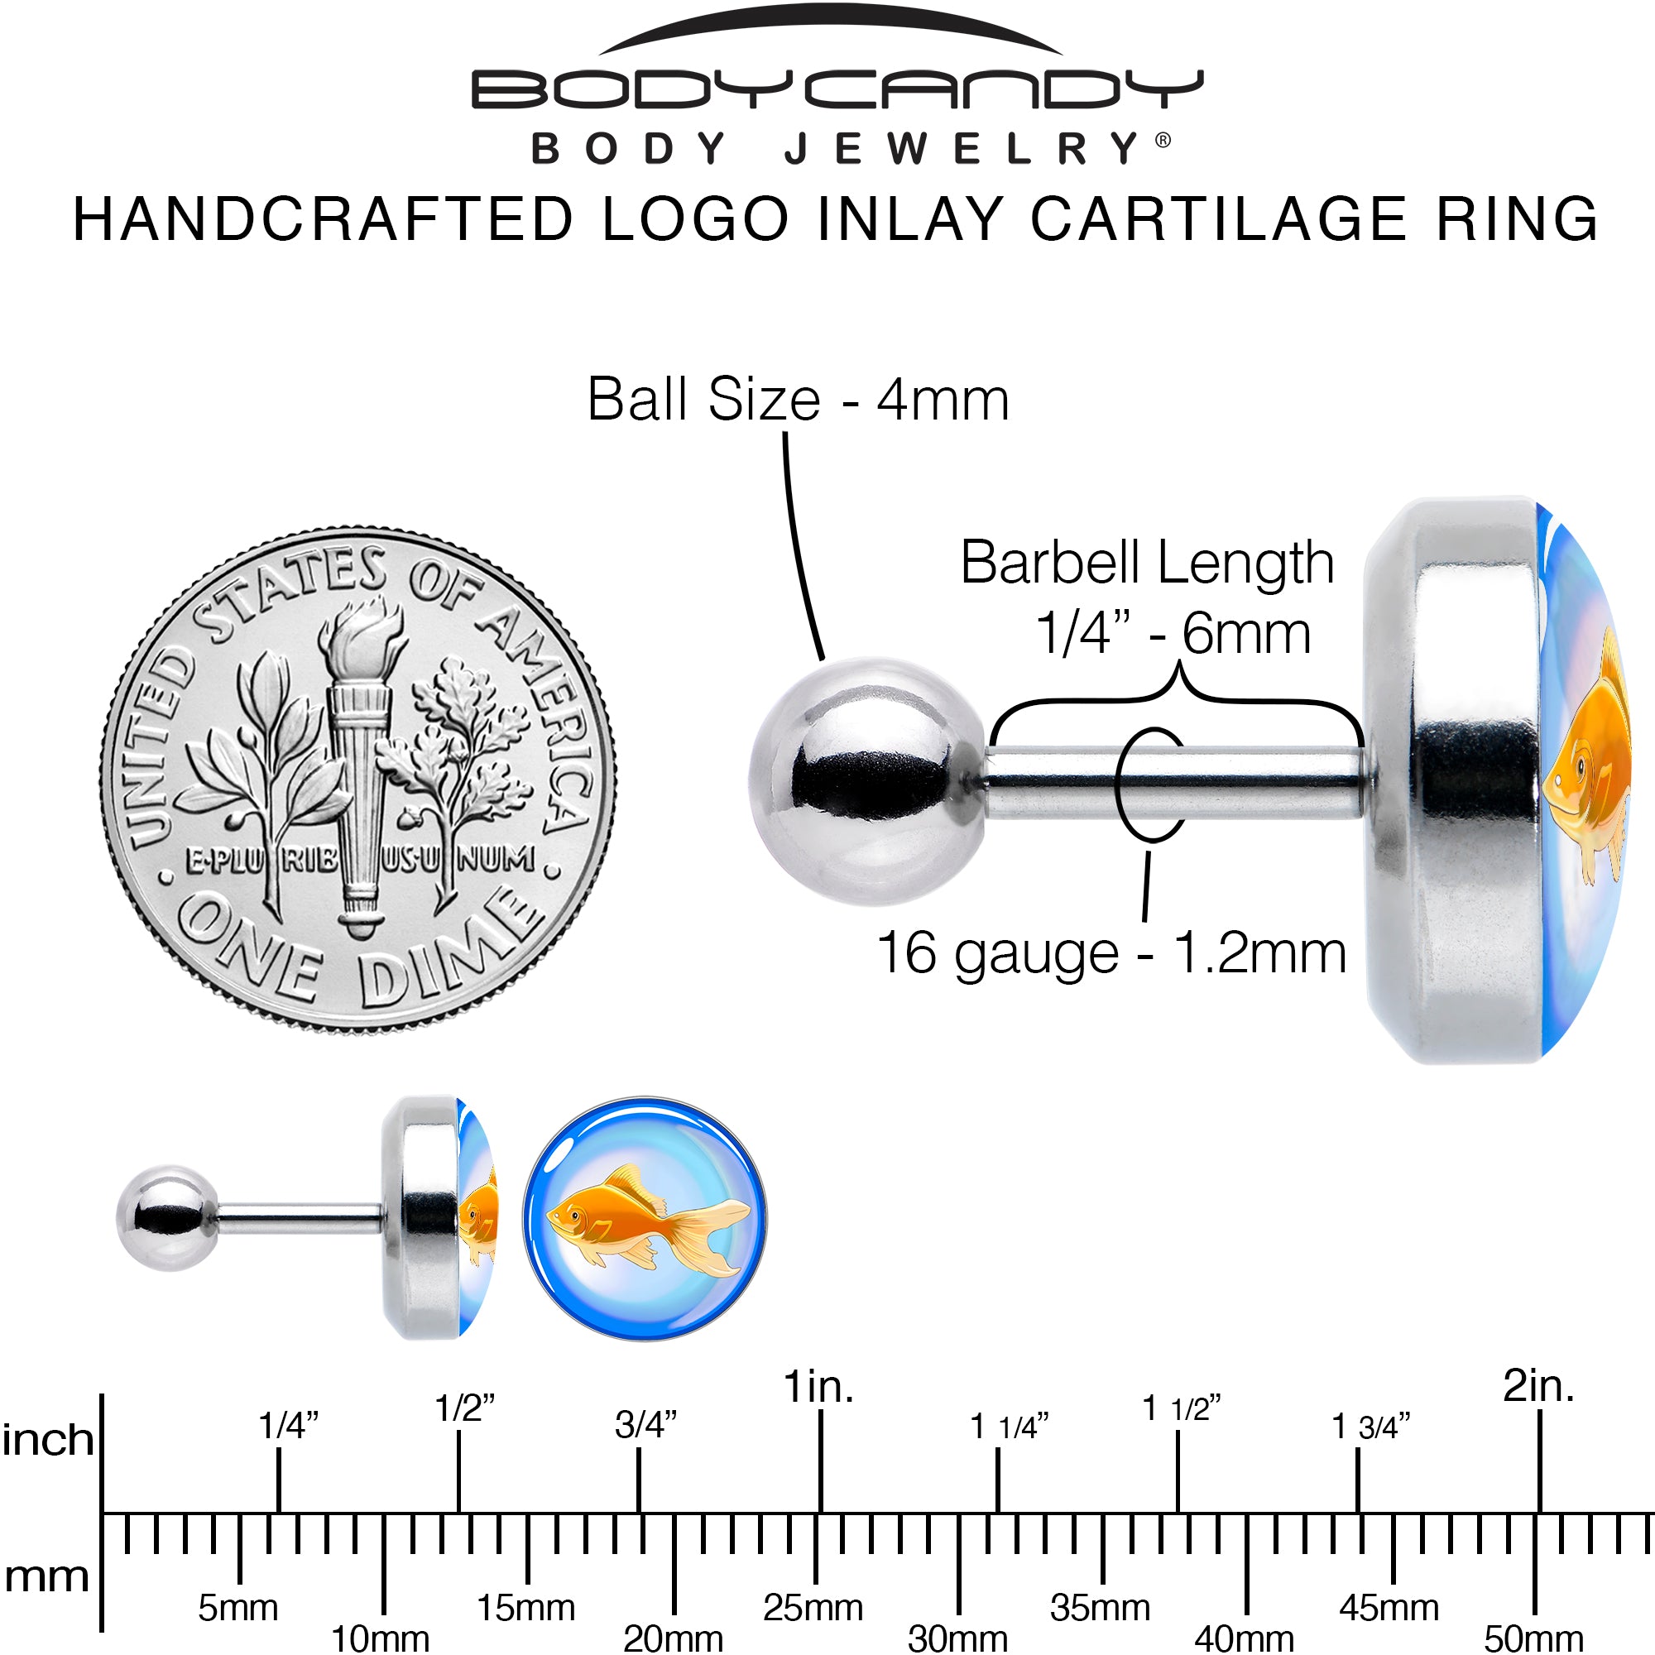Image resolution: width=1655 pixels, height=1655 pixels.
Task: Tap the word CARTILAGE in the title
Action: [x=1219, y=218]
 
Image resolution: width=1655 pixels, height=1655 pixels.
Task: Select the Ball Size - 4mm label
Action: [x=799, y=399]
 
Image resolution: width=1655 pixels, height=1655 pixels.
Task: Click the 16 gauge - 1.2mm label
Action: [x=1112, y=952]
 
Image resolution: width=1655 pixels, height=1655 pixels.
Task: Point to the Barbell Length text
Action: [x=1148, y=563]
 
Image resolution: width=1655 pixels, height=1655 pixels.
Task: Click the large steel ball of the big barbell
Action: [x=868, y=780]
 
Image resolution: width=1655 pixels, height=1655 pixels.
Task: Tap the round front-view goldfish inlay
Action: [x=645, y=1218]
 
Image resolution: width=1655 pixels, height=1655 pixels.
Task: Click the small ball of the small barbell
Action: [x=168, y=1217]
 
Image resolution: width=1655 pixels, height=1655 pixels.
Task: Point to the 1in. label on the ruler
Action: [x=819, y=1387]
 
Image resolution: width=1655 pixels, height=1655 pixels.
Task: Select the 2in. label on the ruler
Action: [x=1538, y=1386]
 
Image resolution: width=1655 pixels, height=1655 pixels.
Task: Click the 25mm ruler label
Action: [x=813, y=1608]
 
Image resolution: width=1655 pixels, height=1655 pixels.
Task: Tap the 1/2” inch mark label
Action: [x=465, y=1408]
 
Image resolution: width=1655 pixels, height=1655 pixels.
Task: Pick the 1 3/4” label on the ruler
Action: [x=1370, y=1427]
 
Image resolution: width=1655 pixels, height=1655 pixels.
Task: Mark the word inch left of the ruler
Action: [x=48, y=1440]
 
